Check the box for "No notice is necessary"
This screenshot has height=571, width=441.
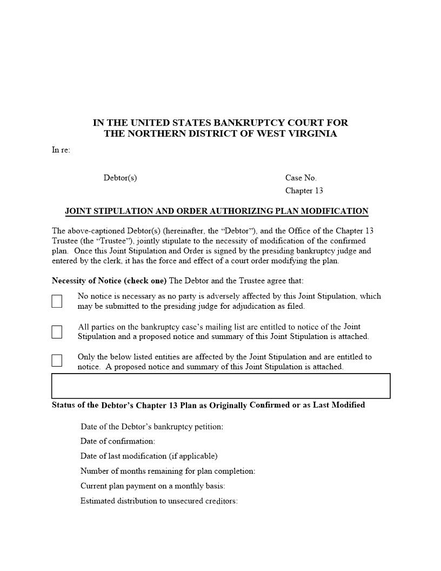tap(57, 301)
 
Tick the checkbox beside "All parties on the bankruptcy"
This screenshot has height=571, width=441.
tap(57, 332)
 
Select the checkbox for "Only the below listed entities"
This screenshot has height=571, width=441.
tap(57, 361)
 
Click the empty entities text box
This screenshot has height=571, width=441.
tap(220, 386)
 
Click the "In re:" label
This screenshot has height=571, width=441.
tap(61, 150)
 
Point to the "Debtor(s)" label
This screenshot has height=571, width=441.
tap(120, 178)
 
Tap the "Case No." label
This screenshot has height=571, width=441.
tap(301, 178)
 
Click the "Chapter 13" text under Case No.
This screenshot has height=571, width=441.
tap(304, 190)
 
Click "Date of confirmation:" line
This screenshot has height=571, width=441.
tap(117, 441)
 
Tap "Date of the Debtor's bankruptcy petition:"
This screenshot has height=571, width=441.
tap(151, 427)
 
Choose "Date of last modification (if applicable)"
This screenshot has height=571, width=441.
tap(149, 456)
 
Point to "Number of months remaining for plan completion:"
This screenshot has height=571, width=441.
tap(168, 471)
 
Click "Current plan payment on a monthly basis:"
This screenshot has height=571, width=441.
tap(152, 486)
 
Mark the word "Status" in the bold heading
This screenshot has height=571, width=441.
tap(64, 405)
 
